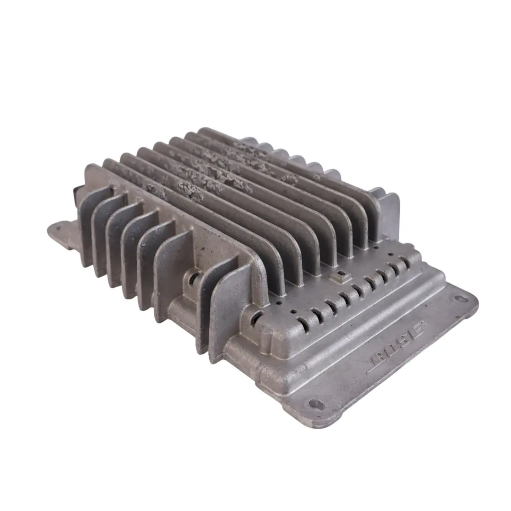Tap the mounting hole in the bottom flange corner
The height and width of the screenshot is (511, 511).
point(314,404)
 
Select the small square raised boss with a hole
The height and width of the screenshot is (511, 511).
point(340,275)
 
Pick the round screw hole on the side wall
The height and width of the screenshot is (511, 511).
point(193,279)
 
